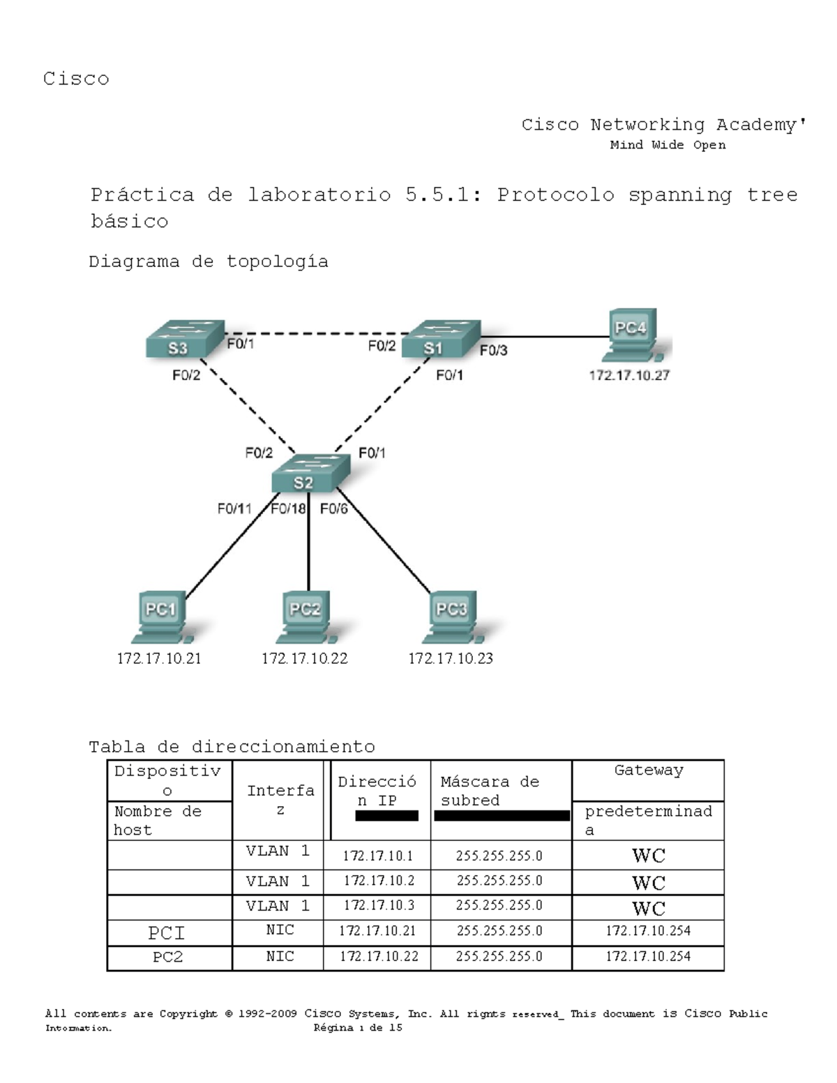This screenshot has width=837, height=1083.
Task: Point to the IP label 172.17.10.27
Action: point(628,375)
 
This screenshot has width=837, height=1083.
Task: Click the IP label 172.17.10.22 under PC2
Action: point(304,658)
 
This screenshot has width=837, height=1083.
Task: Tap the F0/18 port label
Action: point(288,508)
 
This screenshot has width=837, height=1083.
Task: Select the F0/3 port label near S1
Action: point(493,350)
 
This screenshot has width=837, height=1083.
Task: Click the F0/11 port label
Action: point(234,508)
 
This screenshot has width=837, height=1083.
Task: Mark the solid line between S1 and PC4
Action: point(544,337)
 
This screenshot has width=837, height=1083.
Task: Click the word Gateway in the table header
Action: point(648,771)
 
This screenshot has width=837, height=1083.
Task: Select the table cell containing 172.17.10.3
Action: point(378,906)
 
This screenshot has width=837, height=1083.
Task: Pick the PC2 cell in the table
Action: point(168,957)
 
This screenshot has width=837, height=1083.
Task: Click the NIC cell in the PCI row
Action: point(280,930)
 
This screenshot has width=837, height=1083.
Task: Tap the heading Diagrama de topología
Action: point(208,262)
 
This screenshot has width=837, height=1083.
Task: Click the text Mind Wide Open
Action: point(668,145)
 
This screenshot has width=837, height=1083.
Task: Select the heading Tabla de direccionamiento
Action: point(232,747)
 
